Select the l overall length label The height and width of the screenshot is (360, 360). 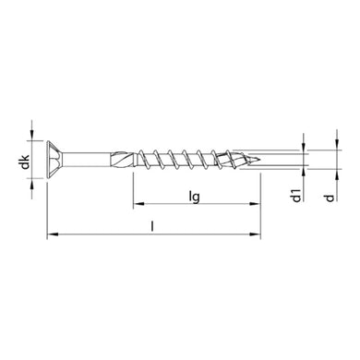[152, 226]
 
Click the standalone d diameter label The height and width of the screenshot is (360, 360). [321, 196]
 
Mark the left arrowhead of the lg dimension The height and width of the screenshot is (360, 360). [138, 204]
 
